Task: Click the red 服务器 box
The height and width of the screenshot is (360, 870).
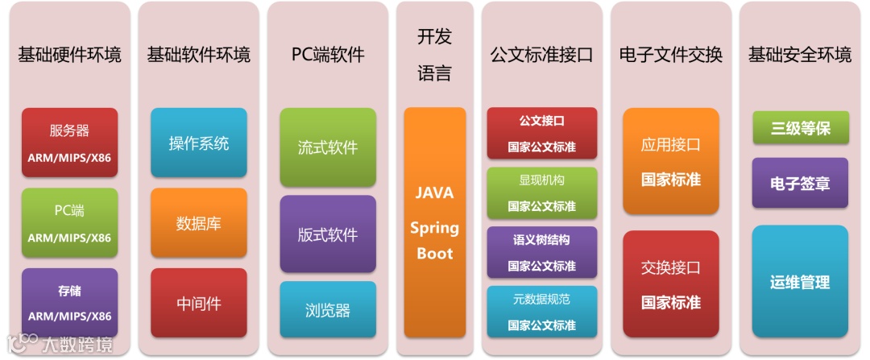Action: [x=69, y=142]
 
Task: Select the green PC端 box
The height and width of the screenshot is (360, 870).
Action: [x=69, y=222]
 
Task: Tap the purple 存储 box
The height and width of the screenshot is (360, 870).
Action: [x=69, y=302]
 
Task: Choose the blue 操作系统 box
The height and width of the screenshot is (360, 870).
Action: [x=198, y=143]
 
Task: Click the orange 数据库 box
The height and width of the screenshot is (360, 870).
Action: [x=198, y=223]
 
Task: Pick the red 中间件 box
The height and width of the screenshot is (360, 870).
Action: [x=198, y=303]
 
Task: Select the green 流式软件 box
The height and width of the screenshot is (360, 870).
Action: [x=328, y=147]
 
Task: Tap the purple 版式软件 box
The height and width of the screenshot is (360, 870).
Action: [x=328, y=234]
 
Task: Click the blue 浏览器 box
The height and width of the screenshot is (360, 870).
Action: [x=328, y=309]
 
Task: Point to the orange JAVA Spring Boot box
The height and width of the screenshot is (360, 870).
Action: [x=434, y=222]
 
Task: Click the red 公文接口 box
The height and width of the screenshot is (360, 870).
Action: [x=541, y=134]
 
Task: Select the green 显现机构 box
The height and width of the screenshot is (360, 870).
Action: [x=541, y=193]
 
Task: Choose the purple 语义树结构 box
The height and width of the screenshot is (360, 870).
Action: [x=541, y=252]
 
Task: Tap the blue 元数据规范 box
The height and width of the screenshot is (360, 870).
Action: [x=541, y=311]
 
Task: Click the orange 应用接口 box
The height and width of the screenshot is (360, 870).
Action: [x=670, y=161]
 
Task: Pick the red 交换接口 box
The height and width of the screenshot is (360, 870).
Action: [x=670, y=283]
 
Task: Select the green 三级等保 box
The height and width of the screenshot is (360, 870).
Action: [x=800, y=128]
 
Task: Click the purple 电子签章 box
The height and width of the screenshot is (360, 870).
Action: [x=800, y=183]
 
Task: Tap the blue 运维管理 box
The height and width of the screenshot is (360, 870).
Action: [x=800, y=282]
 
